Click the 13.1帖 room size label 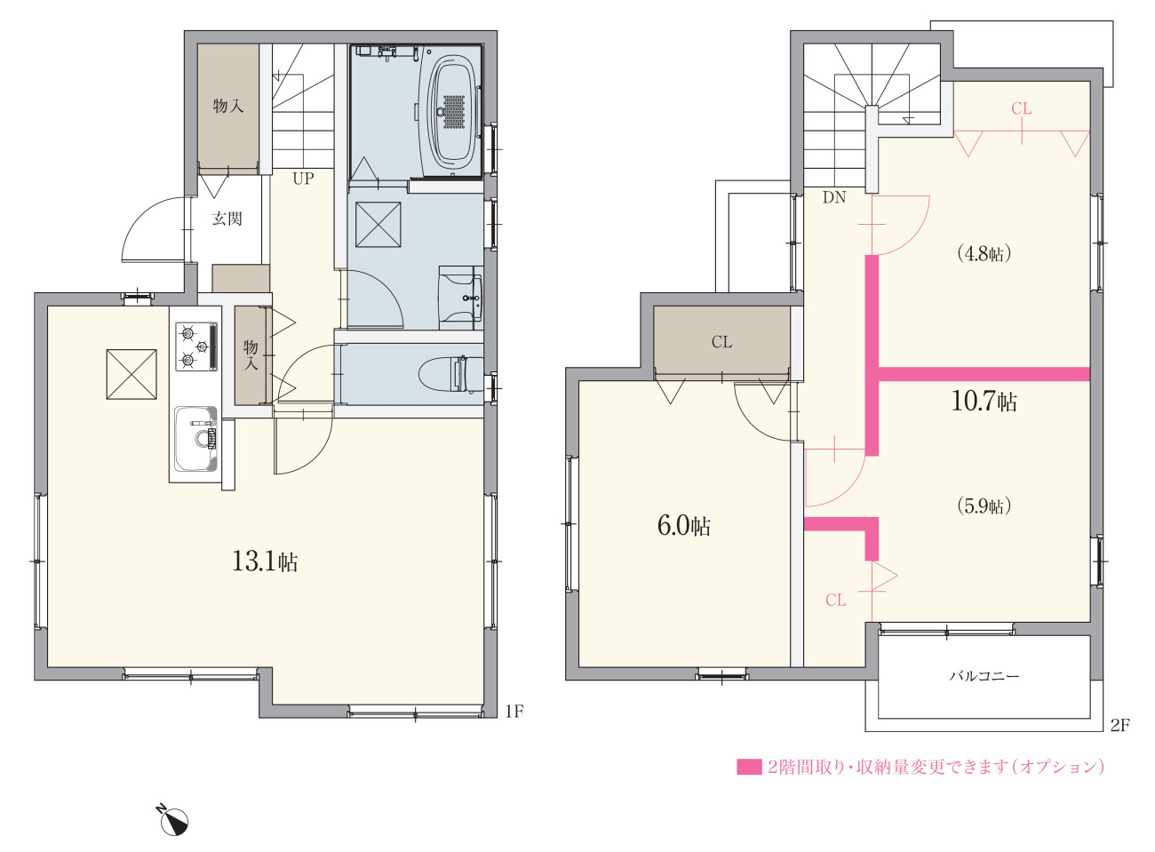[x=265, y=561]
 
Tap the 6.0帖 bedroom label [x=684, y=526]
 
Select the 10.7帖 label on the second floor [x=984, y=402]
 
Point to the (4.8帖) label [x=984, y=254]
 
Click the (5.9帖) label [x=984, y=506]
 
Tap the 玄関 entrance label [x=227, y=219]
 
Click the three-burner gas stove [x=196, y=346]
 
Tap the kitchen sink [x=196, y=439]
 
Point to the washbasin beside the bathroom [x=460, y=298]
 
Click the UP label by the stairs [x=303, y=179]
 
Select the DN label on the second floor [x=834, y=197]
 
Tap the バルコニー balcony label [x=984, y=675]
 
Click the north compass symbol [x=172, y=819]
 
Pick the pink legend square [x=749, y=767]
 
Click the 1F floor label [x=514, y=712]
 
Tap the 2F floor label [x=1119, y=726]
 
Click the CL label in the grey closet [x=721, y=342]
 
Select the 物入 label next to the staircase [x=228, y=107]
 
